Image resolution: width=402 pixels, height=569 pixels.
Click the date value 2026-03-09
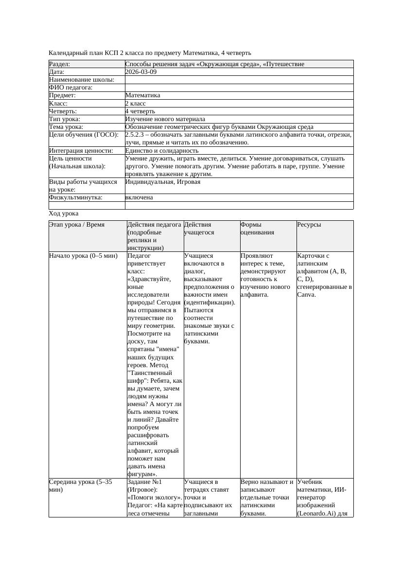point(141,72)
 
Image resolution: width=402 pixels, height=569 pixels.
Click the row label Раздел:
point(60,64)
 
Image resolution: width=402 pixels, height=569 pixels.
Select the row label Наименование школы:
point(82,80)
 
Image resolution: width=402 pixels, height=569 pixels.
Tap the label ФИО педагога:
point(71,88)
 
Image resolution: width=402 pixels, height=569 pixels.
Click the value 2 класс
point(136,104)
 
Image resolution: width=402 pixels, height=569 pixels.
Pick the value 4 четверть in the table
point(140,111)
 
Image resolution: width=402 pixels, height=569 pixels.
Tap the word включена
point(139,197)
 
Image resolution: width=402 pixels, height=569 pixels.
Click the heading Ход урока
point(64,213)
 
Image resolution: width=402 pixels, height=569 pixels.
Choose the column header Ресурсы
point(309,225)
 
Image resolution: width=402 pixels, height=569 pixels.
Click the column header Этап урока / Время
point(77,225)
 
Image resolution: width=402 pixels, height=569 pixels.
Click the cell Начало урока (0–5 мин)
point(84,256)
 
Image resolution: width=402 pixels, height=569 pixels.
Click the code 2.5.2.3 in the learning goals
point(136,135)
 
